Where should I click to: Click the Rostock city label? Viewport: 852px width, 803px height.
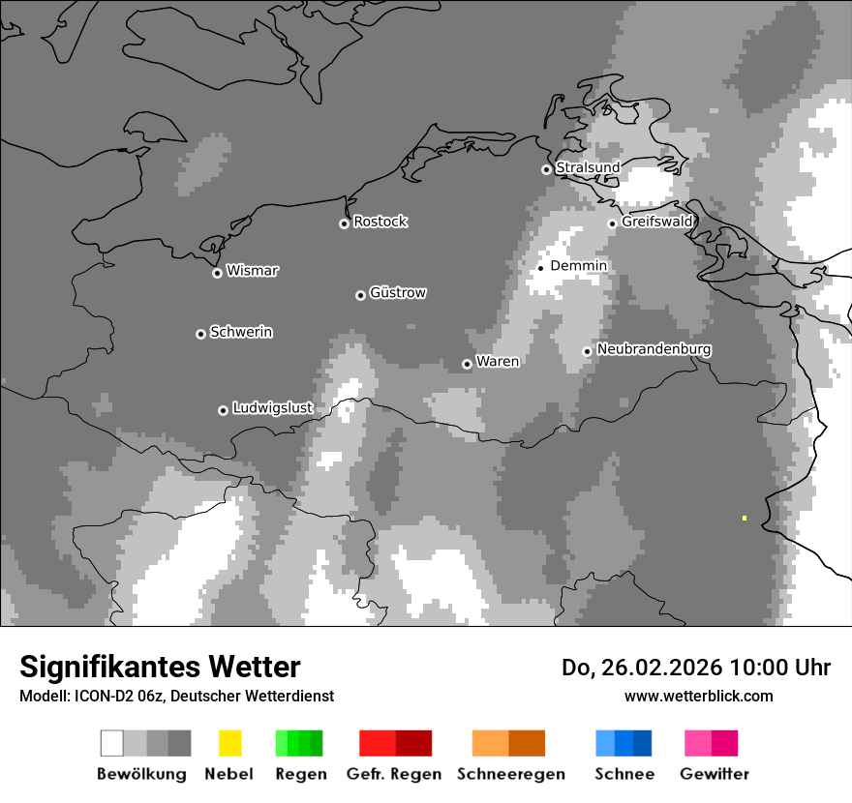click(380, 222)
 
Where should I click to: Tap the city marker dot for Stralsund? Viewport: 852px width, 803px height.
click(546, 169)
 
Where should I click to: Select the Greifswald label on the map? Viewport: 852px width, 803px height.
click(657, 222)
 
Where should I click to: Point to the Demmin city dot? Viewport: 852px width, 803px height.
click(541, 268)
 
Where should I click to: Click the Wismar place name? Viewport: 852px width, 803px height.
click(252, 271)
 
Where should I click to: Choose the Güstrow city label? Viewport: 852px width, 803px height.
click(398, 292)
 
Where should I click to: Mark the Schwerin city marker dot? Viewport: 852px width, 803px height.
click(200, 334)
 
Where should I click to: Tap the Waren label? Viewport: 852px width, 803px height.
click(498, 362)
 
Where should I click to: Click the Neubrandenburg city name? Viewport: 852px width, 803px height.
click(654, 349)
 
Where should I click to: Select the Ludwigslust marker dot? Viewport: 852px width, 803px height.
click(223, 410)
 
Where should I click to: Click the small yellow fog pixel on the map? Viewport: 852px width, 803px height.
click(745, 518)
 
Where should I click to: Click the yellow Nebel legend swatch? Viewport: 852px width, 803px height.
click(229, 743)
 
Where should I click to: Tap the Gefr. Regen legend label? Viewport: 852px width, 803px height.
click(393, 774)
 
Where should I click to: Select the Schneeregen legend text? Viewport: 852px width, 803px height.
click(510, 774)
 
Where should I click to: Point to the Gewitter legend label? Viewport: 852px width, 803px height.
click(714, 774)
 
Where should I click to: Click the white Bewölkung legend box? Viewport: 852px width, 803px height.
click(111, 743)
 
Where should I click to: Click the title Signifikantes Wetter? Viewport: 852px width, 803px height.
click(160, 667)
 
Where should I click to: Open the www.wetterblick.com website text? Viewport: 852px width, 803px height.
click(698, 696)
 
